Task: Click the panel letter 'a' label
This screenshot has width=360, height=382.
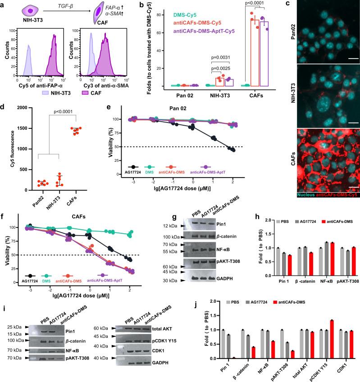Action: pos(3,4)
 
